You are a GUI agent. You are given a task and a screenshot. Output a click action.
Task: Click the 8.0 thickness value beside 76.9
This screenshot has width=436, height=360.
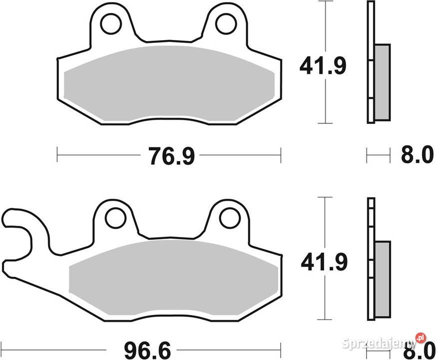(417, 155)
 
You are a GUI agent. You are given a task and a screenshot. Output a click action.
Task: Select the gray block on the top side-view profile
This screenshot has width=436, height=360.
(382, 82)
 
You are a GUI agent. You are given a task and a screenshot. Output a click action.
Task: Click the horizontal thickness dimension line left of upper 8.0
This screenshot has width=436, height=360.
(378, 155)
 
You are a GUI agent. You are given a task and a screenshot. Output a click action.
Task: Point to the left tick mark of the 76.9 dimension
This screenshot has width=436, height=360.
(57, 155)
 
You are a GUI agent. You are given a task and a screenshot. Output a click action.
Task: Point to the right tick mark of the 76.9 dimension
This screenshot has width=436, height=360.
(281, 155)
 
